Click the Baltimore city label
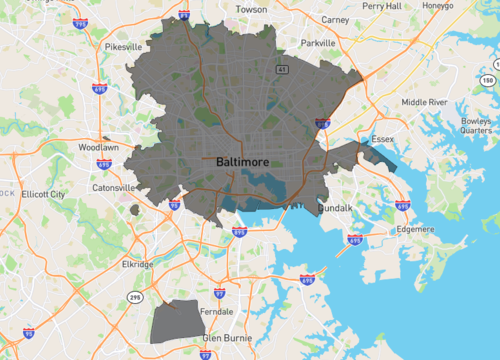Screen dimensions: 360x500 coord(236,160)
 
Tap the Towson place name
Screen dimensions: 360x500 coord(250,9)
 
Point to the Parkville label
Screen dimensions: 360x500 coord(319,44)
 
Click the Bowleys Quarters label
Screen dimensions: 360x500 coord(475,124)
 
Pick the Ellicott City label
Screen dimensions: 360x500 coord(43,194)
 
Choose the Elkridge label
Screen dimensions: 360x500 coord(134,264)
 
